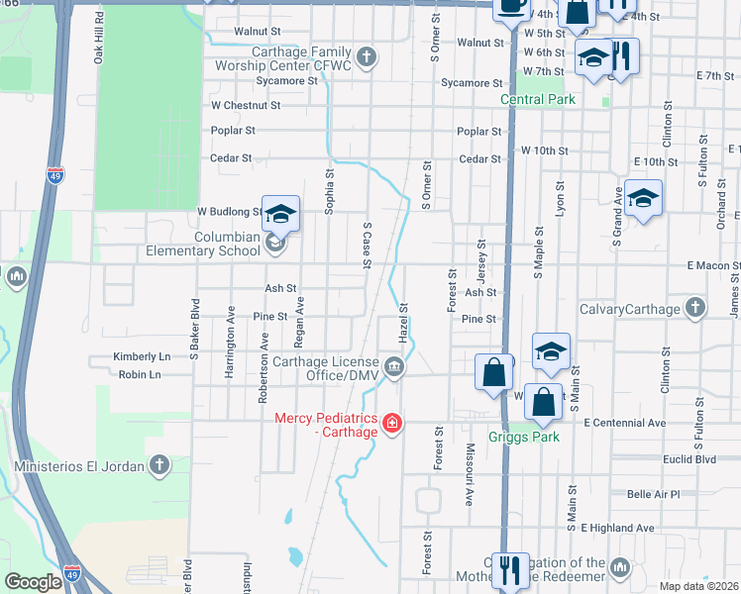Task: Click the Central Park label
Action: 538,99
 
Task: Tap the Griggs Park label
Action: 524,437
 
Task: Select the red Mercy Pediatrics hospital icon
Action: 392,424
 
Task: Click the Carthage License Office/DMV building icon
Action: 394,368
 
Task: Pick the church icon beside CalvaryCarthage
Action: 695,309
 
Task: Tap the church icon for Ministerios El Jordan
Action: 159,465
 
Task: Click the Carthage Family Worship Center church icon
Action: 367,56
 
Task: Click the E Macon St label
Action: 712,266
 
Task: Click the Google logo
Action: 33,582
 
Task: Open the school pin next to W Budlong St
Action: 280,213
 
